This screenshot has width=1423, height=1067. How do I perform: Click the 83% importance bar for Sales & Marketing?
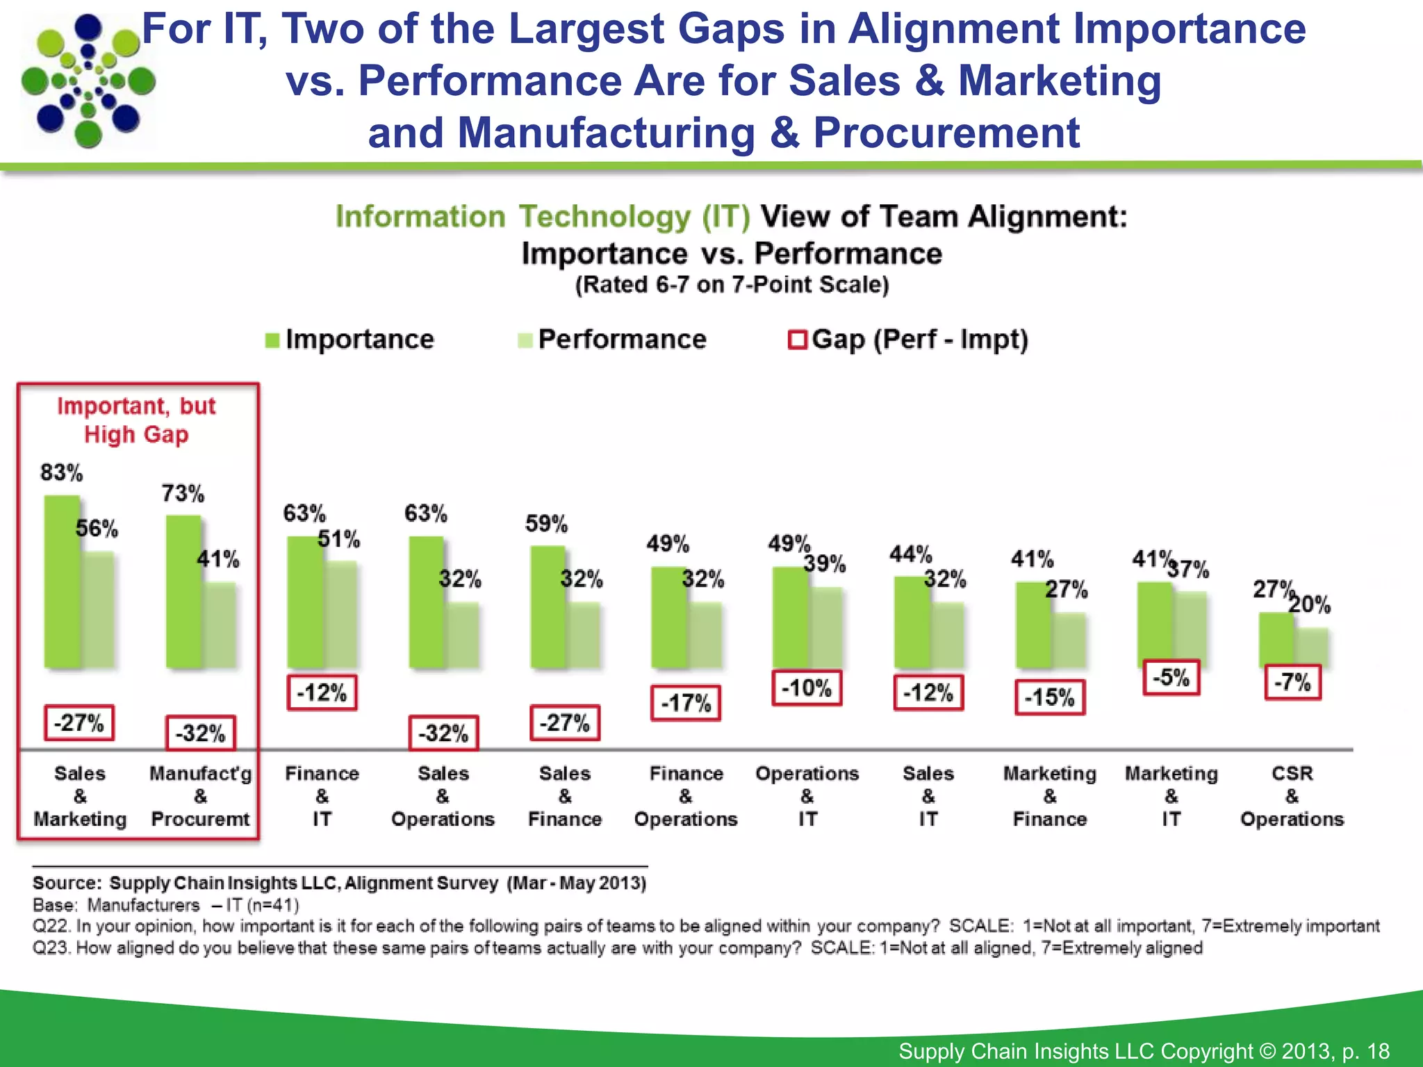tap(61, 582)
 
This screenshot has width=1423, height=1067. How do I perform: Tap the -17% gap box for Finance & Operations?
tap(685, 703)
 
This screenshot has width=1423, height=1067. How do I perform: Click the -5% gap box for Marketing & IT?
tap(1171, 677)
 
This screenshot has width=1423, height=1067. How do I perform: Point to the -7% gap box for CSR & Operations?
tap(1292, 682)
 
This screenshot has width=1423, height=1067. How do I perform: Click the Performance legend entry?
tap(612, 340)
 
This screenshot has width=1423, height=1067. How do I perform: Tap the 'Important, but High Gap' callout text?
tap(136, 420)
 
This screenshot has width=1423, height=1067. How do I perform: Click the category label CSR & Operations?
tap(1292, 796)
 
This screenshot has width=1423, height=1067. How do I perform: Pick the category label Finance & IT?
tap(322, 796)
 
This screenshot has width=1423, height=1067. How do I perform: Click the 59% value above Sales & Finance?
tap(546, 524)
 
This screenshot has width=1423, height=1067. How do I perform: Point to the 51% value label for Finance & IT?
tap(339, 539)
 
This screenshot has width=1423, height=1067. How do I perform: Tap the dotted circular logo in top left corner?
tap(88, 81)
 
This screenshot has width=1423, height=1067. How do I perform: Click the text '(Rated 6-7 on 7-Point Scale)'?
tap(732, 285)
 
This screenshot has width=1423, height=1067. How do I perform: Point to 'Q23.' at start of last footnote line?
tap(52, 948)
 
